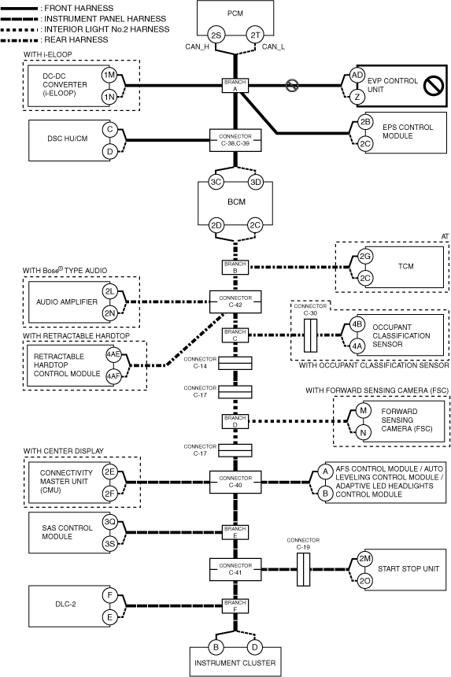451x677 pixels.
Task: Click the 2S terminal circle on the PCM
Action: pos(216,35)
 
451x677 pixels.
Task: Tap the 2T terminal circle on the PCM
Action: pos(256,35)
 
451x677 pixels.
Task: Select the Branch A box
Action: pos(235,86)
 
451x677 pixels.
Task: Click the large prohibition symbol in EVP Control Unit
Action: pos(434,86)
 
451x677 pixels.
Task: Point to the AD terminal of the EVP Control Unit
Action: pos(357,75)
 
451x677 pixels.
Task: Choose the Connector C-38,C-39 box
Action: pos(235,140)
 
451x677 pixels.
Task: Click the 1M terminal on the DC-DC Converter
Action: pos(109,75)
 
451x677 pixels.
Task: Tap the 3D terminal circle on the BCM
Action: pos(256,182)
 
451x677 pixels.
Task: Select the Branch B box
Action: pos(235,268)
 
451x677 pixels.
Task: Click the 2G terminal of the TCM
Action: pos(365,257)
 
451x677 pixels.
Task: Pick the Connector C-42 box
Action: pos(235,302)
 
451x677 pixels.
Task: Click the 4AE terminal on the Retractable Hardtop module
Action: pos(113,354)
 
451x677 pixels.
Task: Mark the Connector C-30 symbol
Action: pos(310,335)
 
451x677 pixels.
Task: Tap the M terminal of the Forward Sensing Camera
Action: pos(363,411)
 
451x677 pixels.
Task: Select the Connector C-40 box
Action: pos(235,482)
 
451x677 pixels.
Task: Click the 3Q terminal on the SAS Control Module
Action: pos(109,522)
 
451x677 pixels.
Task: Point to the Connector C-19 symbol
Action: pos(303,569)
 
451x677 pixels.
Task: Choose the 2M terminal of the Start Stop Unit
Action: pos(365,559)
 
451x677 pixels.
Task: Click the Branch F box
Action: pos(235,606)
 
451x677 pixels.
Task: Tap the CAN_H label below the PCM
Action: pos(198,46)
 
